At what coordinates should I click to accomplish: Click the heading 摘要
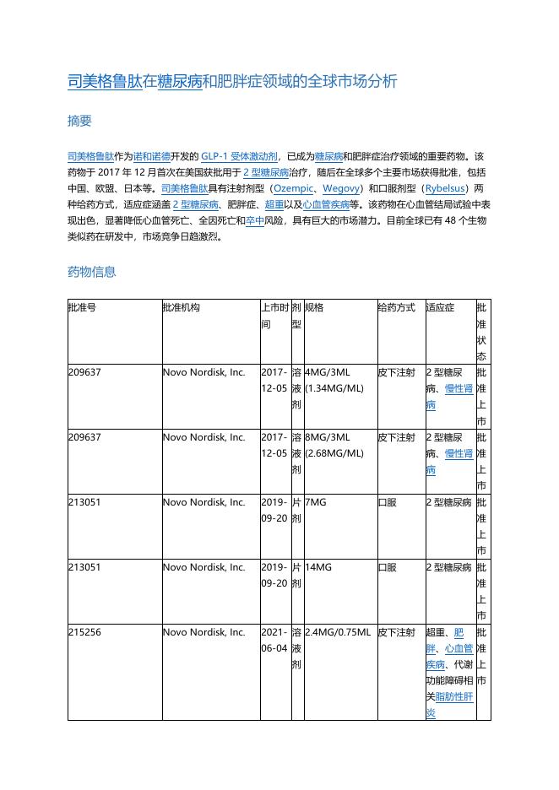coord(79,121)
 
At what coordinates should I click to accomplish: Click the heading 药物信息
coord(91,272)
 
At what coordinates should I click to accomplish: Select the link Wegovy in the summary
coord(340,188)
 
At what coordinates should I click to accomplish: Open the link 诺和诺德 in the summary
coord(152,156)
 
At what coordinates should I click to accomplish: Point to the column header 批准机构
coord(182,308)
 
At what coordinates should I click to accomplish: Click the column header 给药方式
coord(396,308)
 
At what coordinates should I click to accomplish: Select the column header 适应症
coord(440,308)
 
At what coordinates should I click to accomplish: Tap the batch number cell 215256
coord(84,632)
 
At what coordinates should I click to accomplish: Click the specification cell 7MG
coord(315,502)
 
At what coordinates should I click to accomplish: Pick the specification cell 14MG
coord(318,567)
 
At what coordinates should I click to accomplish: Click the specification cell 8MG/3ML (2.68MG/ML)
coord(334,445)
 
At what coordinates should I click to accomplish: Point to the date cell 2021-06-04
coord(274,640)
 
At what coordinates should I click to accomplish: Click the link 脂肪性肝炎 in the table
coord(449,705)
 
